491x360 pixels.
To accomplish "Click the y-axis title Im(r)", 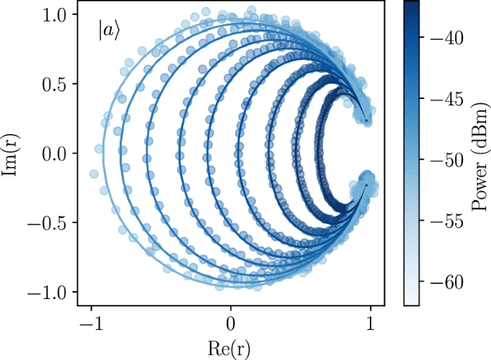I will [12, 153].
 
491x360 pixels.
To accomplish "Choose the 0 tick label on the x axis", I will [231, 322].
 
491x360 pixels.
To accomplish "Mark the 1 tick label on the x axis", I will [371, 322].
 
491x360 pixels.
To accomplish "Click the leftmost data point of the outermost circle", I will [93, 174].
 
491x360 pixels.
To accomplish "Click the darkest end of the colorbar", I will [411, 4].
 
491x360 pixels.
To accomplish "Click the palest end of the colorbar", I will [411, 304].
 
